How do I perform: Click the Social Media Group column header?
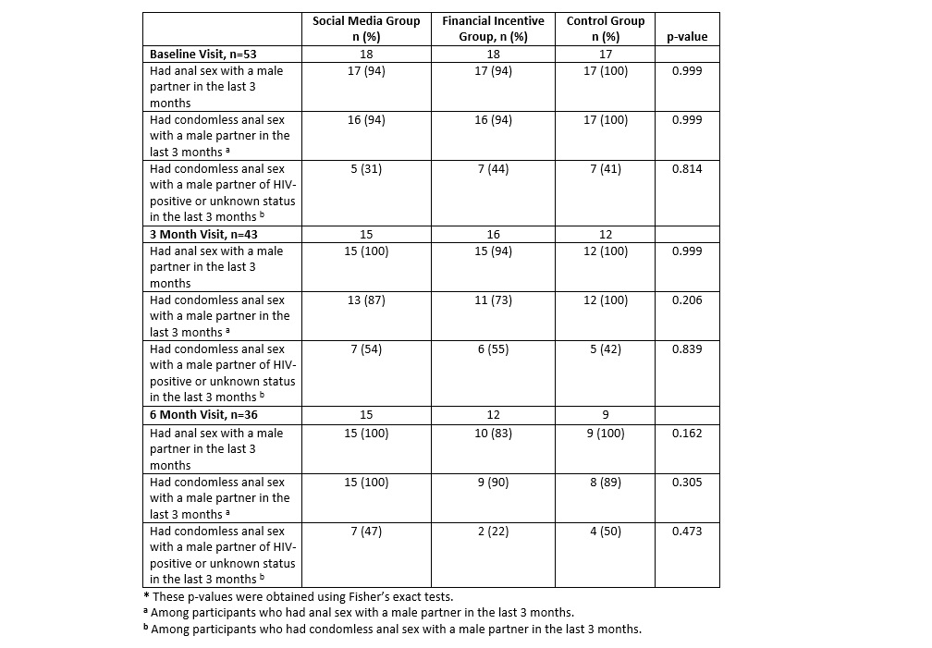coord(366,29)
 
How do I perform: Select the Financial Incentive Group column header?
coord(493,29)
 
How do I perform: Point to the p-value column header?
coord(687,37)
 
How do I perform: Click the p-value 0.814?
coord(687,169)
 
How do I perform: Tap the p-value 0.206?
coord(687,300)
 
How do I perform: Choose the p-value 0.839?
coord(687,349)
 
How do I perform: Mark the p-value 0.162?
coord(687,434)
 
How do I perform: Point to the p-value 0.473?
coord(687,532)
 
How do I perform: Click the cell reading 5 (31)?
coord(366,169)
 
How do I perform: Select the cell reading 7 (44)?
coord(493,169)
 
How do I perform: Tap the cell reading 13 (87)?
coord(366,300)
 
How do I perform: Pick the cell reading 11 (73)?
coord(493,300)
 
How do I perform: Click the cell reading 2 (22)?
coord(493,532)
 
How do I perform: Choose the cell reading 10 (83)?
coord(493,434)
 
